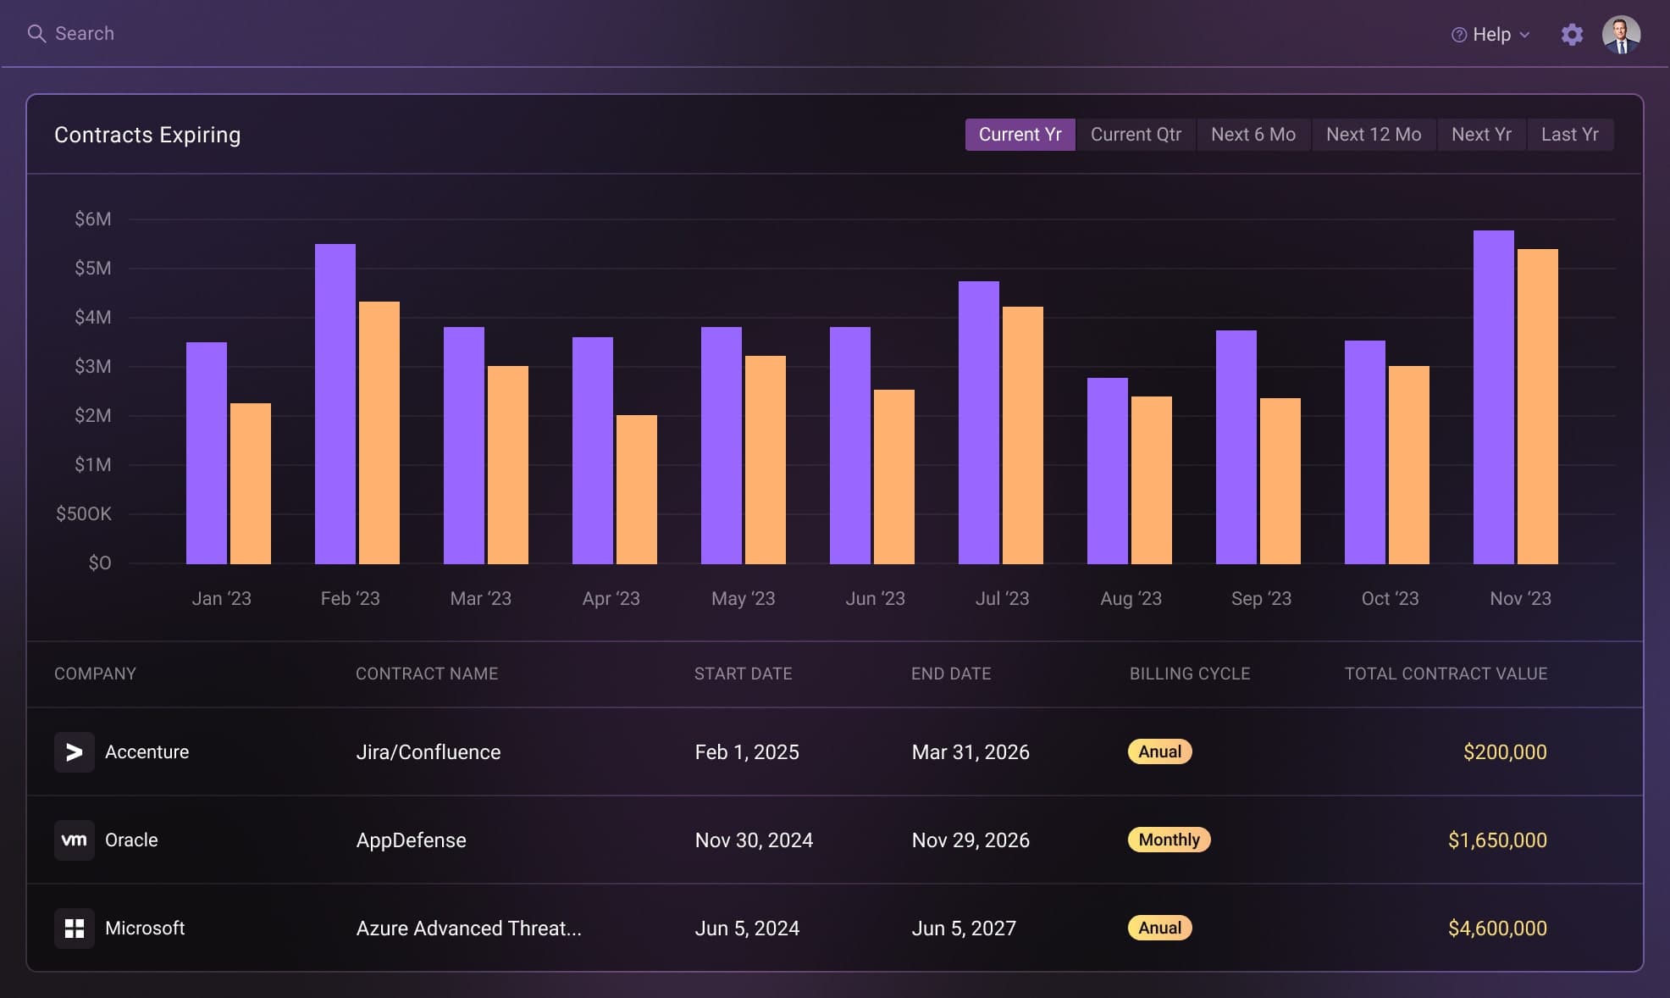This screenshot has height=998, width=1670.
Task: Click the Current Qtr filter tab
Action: point(1136,135)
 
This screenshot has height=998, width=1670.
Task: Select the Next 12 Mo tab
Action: point(1374,135)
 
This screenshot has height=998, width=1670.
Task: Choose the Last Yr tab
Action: point(1569,135)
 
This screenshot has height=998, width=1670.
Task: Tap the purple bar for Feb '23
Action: point(335,404)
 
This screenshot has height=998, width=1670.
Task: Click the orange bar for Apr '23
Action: point(637,490)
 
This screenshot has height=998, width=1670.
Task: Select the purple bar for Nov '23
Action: point(1494,397)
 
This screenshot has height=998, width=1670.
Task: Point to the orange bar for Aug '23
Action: point(1152,480)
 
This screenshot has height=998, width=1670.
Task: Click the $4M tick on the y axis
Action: point(92,318)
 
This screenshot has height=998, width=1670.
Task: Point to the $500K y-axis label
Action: point(83,514)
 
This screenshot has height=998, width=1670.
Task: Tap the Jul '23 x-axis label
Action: point(1002,599)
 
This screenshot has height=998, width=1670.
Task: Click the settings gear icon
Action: point(1572,35)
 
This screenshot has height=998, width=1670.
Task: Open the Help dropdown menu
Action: point(1491,35)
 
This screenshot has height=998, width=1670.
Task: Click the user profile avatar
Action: point(1621,35)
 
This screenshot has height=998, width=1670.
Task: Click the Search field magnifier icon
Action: point(36,34)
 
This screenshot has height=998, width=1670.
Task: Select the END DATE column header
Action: point(950,674)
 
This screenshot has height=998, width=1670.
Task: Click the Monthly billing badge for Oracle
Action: point(1169,840)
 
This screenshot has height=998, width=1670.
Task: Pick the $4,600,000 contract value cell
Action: point(1496,929)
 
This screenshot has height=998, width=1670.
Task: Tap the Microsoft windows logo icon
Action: point(75,929)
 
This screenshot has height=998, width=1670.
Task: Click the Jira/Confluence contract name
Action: point(428,752)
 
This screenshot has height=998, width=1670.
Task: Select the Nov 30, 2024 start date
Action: point(754,840)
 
